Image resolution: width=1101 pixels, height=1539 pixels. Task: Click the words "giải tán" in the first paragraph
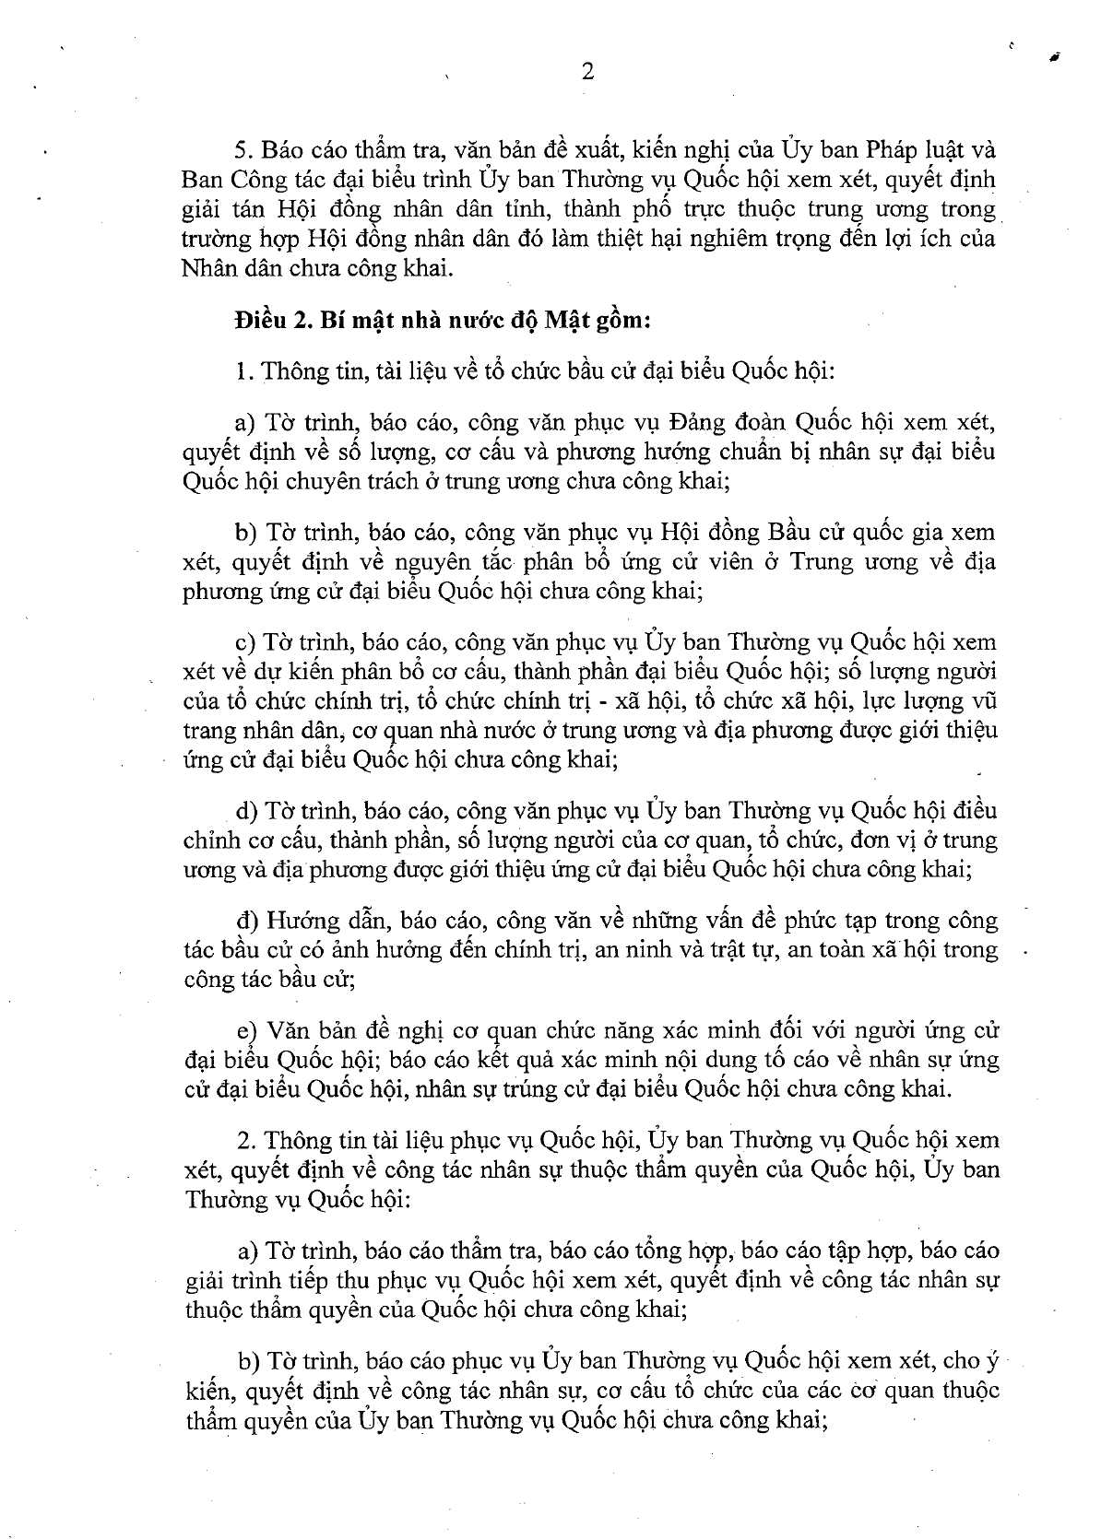(x=216, y=208)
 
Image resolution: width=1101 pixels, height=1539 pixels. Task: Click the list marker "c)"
(x=246, y=642)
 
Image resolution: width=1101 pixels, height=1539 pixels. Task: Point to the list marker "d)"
(x=246, y=812)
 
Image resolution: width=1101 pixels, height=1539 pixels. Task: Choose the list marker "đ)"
(x=246, y=921)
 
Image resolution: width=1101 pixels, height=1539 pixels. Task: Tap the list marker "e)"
(x=246, y=1030)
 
